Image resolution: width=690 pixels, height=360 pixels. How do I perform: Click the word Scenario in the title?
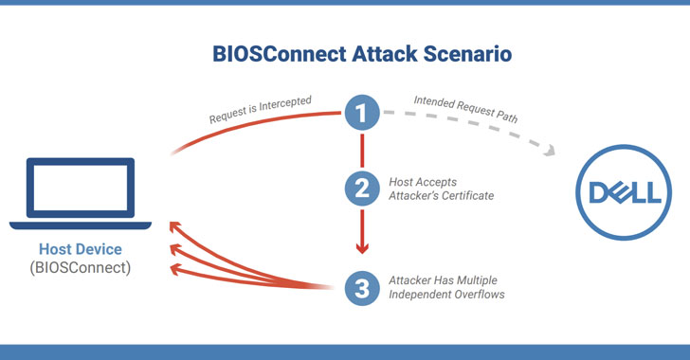pyautogui.click(x=457, y=54)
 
